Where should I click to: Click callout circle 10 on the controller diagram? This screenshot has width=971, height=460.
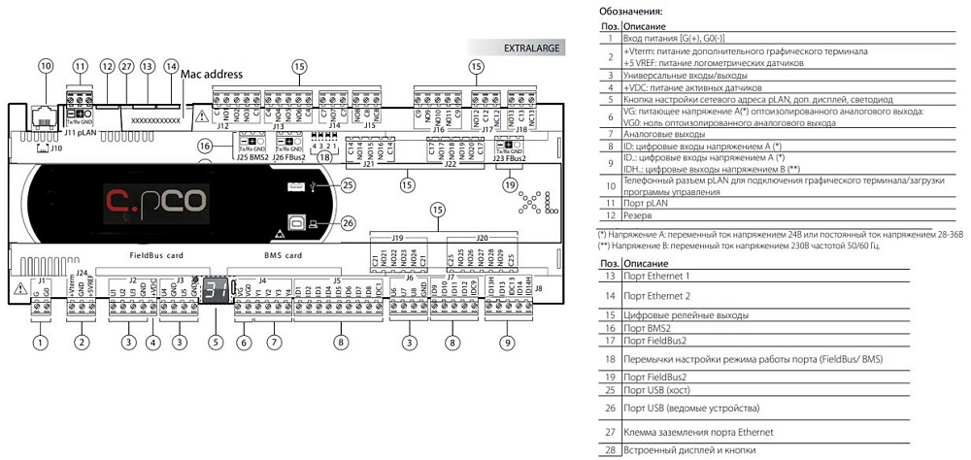tap(45, 66)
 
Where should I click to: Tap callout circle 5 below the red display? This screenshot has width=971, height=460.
tap(217, 342)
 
